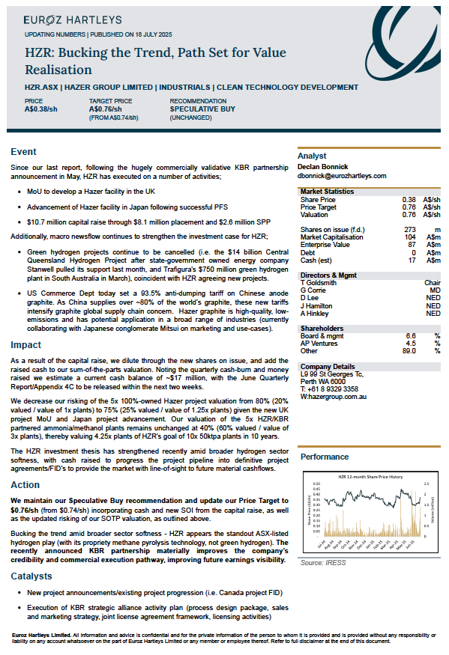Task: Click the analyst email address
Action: click(343, 176)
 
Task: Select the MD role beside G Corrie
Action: click(435, 290)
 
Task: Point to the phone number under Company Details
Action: click(329, 389)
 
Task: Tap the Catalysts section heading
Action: click(32, 576)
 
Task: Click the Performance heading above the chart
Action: click(324, 456)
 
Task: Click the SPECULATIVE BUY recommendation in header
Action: click(202, 109)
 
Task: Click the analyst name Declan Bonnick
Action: click(325, 167)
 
